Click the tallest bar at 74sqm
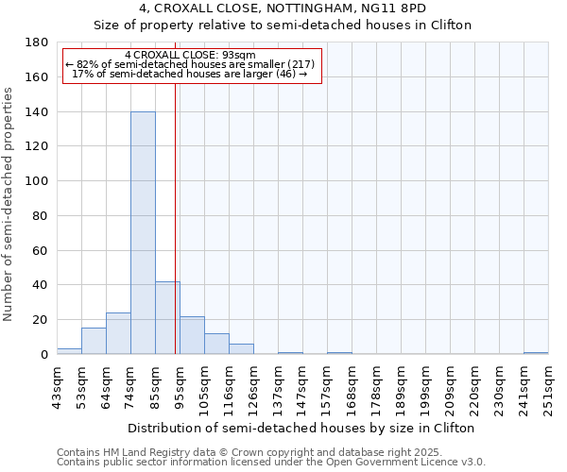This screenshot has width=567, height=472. click(143, 233)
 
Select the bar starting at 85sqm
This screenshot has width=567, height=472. click(167, 318)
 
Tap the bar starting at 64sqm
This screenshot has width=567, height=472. click(118, 333)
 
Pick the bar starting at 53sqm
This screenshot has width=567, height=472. click(94, 341)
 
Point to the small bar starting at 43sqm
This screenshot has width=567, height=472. click(69, 351)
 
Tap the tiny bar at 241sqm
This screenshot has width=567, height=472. click(536, 353)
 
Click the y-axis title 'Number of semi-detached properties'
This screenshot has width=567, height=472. click(9, 204)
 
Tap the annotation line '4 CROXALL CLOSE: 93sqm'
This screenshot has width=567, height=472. click(190, 55)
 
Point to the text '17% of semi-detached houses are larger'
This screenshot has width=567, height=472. click(190, 74)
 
